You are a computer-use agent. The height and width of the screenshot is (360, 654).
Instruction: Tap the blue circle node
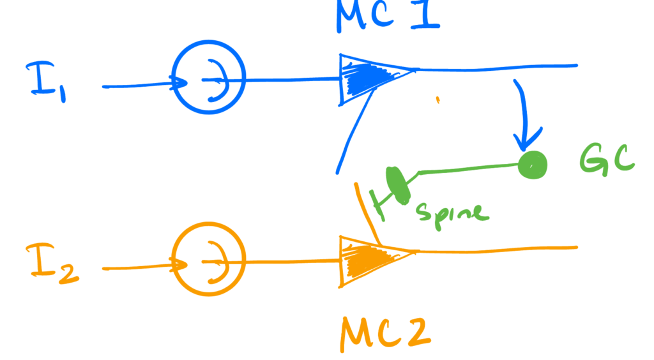209,79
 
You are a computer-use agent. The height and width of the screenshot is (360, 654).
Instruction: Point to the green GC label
606,158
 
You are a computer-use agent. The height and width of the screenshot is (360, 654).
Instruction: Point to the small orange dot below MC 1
437,99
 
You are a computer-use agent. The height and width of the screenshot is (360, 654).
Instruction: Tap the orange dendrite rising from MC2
369,214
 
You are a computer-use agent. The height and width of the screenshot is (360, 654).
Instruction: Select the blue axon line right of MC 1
498,66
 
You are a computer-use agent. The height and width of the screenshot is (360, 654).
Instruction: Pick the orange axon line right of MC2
498,248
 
